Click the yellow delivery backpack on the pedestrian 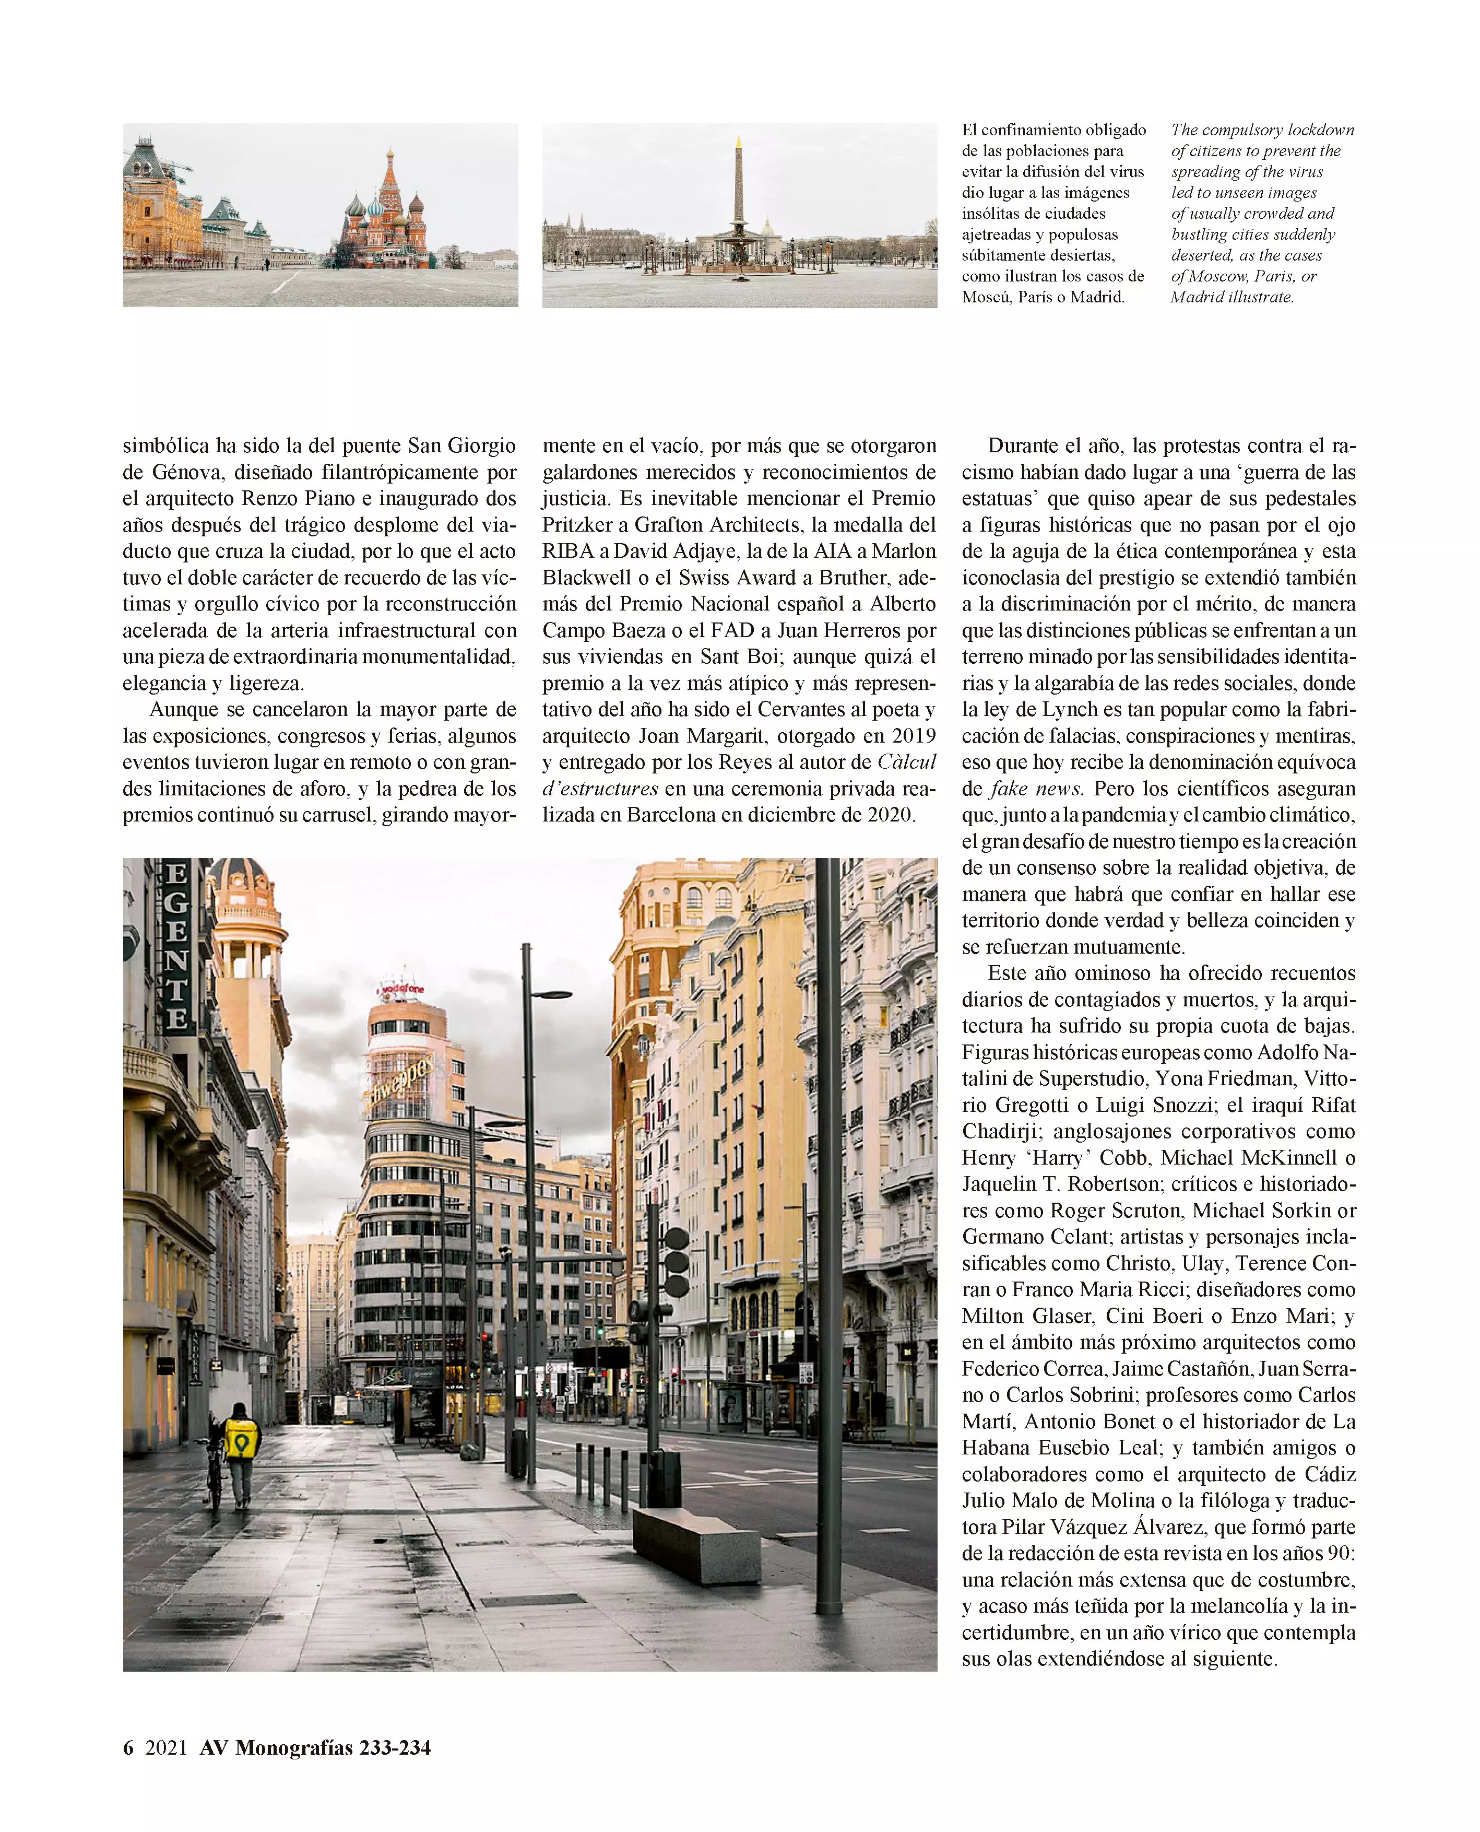[241, 1439]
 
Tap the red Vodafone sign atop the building [401, 989]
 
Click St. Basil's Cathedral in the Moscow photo [385, 213]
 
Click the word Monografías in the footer [294, 1747]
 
